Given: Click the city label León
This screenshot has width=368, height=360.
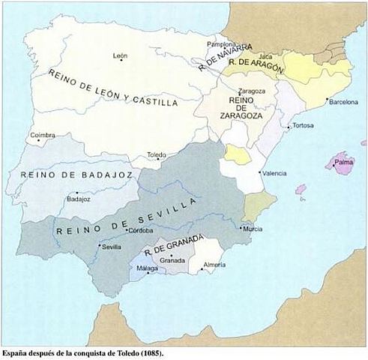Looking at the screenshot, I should [120, 56].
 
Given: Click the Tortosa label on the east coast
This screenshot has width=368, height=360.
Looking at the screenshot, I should [303, 125].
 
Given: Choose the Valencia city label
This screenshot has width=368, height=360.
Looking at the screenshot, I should [274, 173].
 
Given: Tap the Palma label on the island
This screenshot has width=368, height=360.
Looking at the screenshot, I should [344, 160].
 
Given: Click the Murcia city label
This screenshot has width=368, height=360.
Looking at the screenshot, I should [253, 229].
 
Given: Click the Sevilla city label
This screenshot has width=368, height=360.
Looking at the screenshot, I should [111, 247].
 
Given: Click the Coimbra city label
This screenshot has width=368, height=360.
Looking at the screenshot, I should [43, 136].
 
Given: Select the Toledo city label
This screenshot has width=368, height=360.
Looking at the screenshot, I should [157, 154].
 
